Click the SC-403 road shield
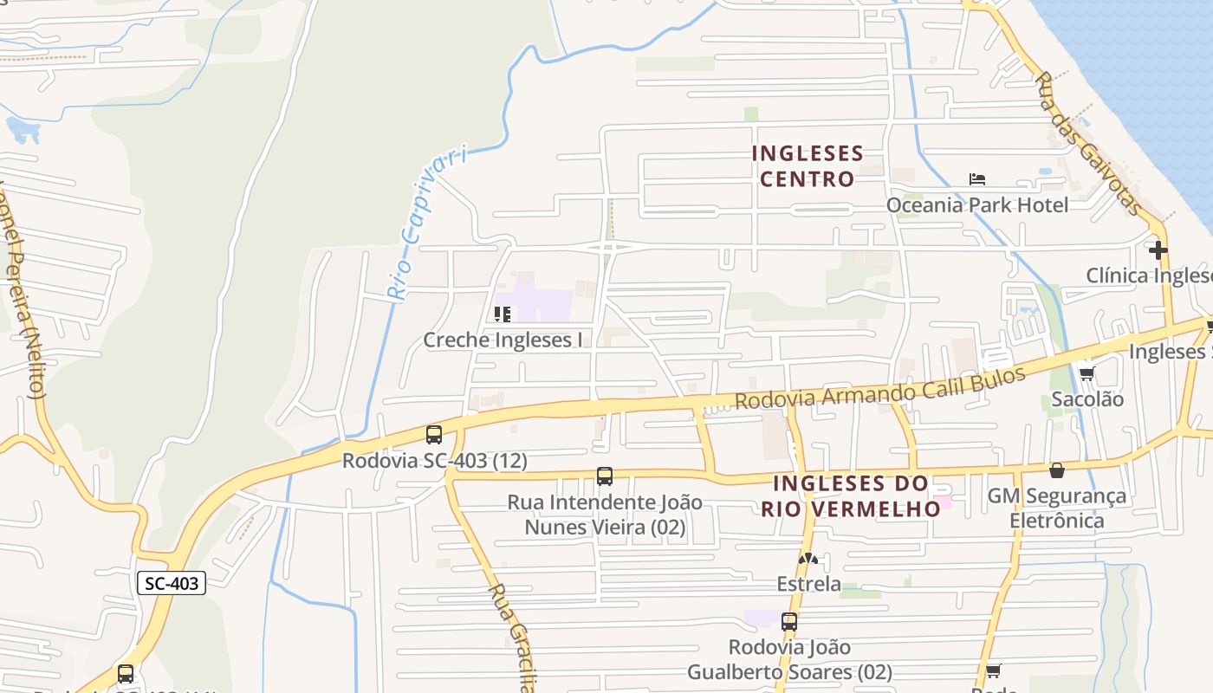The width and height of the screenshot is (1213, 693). (171, 583)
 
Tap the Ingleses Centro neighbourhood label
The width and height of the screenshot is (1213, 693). (808, 166)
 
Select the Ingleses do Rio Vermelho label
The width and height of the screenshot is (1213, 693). (851, 495)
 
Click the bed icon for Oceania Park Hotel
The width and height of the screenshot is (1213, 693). (977, 179)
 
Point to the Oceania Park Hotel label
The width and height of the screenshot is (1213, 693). (976, 205)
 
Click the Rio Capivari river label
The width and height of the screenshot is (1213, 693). (425, 224)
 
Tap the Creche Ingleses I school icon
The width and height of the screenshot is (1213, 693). (502, 314)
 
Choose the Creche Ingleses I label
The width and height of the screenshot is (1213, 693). (503, 340)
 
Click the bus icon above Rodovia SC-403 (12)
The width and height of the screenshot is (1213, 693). (434, 435)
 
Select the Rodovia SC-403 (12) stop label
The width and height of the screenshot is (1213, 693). (434, 460)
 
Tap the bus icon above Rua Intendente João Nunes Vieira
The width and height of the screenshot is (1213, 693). (605, 476)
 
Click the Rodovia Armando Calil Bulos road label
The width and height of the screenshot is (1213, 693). (879, 387)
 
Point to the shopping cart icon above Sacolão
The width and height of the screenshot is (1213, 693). (1087, 373)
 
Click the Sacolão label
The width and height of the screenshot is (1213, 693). (1087, 399)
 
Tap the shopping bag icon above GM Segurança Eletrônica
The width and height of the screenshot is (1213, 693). (1057, 470)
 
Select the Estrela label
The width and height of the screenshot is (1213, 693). (808, 584)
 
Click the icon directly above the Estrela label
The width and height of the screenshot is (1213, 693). (808, 560)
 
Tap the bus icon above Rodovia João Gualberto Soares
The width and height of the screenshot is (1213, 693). (789, 621)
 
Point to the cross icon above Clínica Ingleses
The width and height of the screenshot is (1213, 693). (1158, 250)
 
